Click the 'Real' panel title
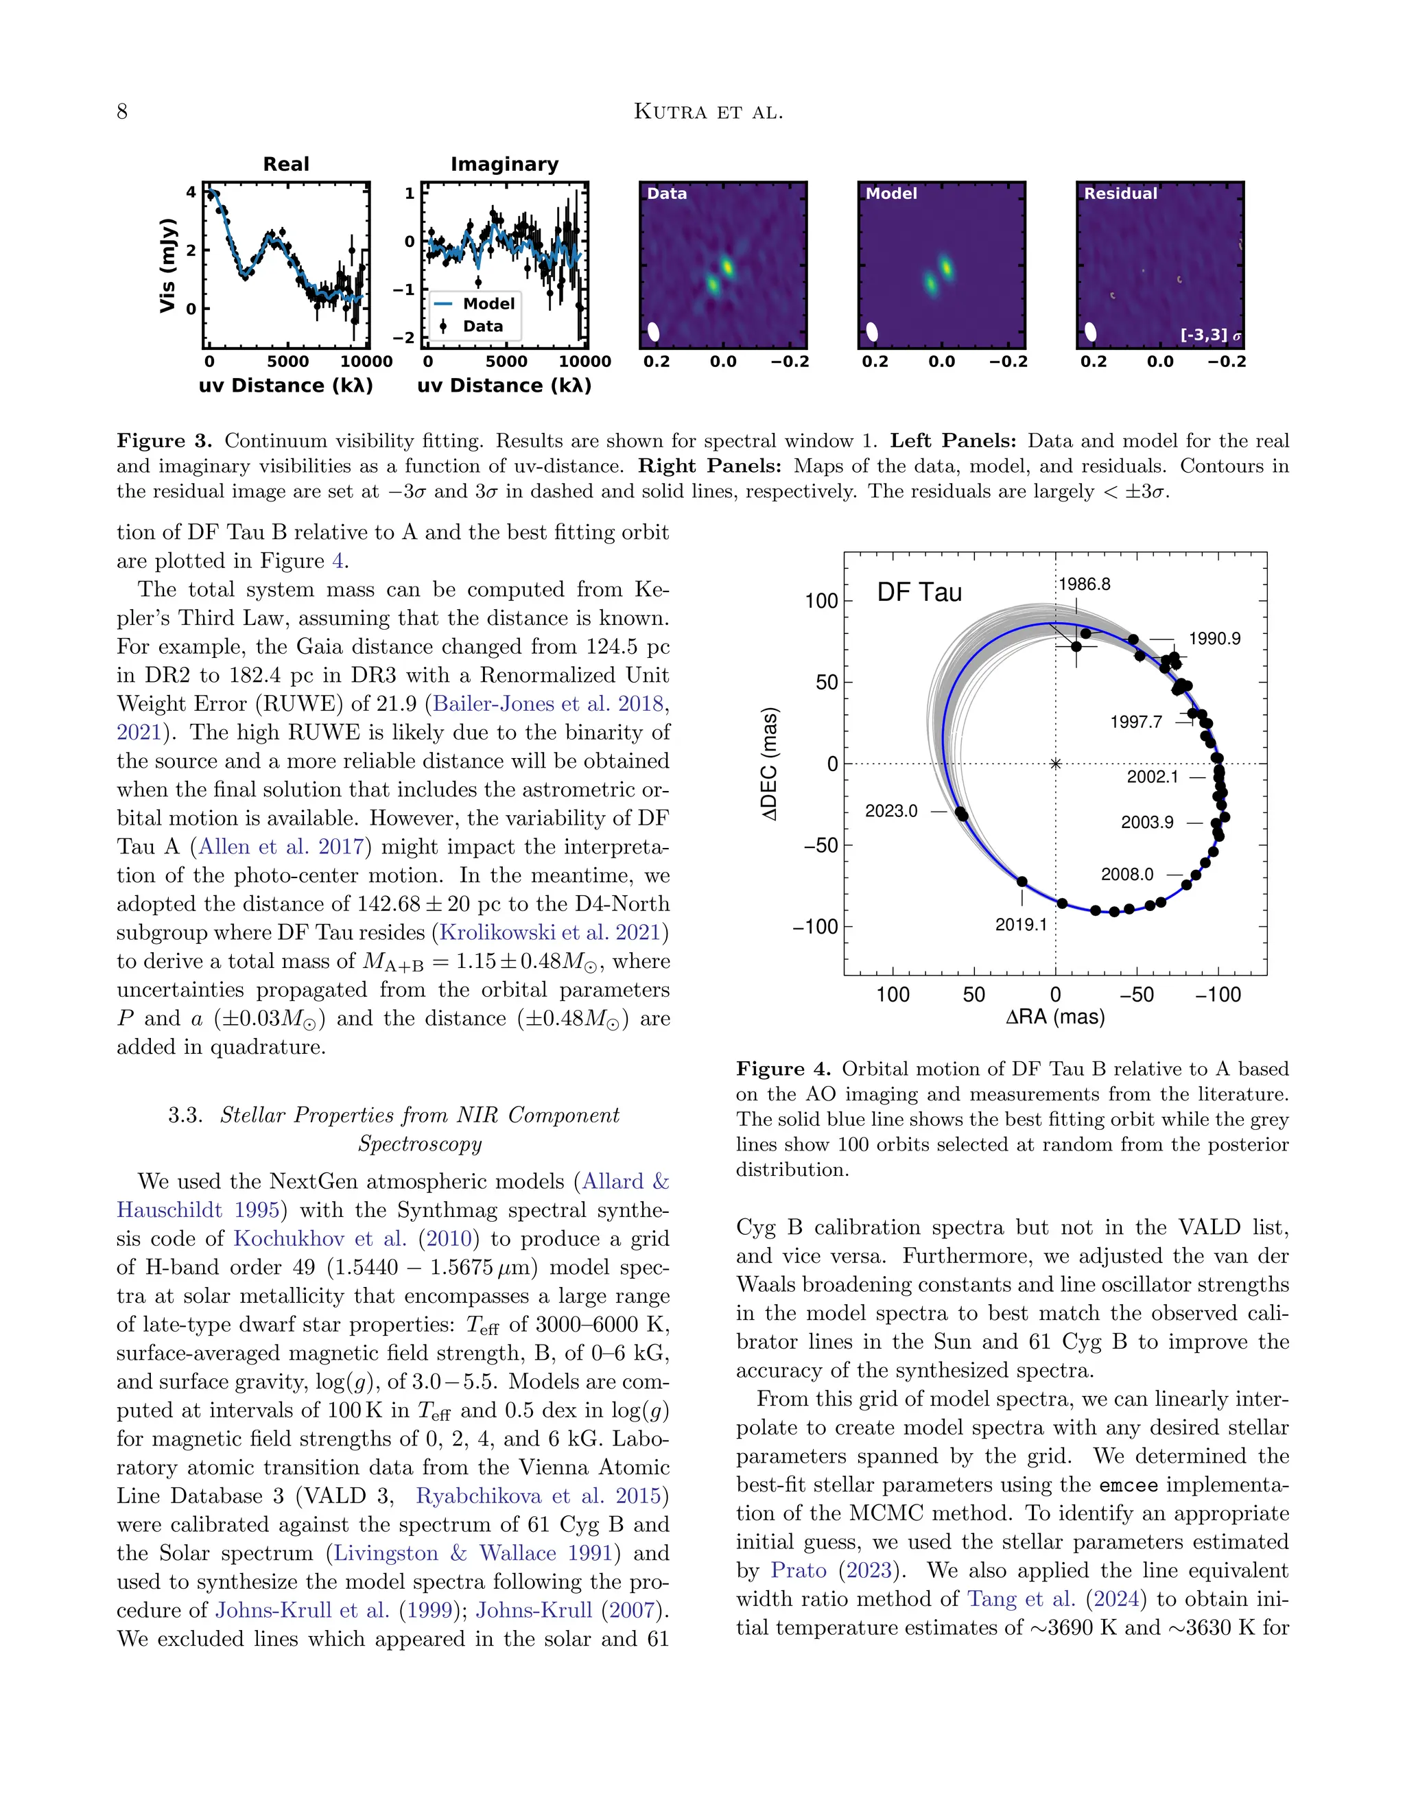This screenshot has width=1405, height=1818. (285, 164)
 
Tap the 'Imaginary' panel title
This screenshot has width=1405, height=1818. (504, 164)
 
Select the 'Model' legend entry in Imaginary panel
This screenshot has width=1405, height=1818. (488, 304)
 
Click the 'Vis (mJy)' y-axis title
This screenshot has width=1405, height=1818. (168, 265)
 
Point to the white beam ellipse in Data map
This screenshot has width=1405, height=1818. (653, 331)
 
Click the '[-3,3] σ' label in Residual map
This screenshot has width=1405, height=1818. (1210, 335)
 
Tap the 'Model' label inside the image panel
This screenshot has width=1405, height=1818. (890, 193)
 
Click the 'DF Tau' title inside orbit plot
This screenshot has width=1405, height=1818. (919, 593)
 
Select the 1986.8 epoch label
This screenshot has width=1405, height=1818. (1084, 585)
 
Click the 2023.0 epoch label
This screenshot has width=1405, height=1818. (890, 811)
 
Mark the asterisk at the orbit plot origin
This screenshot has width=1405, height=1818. (1055, 764)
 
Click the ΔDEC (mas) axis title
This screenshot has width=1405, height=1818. (770, 764)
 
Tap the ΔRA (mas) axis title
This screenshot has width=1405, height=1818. (1054, 1017)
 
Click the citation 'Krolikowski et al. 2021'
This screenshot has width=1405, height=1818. (550, 932)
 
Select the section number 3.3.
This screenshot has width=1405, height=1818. (185, 1115)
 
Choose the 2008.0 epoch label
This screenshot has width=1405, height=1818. (1127, 874)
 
